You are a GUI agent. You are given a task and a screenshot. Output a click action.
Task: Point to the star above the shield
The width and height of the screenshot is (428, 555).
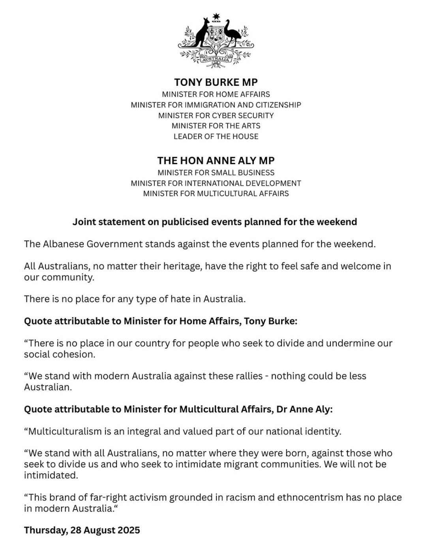coord(216,17)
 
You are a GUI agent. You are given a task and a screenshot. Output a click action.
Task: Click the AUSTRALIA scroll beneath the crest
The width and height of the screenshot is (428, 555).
coord(216,59)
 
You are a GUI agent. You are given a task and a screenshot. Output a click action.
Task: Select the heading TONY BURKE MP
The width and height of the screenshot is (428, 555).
coord(216,82)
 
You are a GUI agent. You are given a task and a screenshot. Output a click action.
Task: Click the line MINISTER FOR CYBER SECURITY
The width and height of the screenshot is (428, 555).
coord(216,115)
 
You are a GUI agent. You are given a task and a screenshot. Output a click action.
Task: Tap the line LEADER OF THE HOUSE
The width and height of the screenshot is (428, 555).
coord(216,136)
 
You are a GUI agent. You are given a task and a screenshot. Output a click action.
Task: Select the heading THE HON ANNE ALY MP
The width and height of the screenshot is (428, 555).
coord(216,160)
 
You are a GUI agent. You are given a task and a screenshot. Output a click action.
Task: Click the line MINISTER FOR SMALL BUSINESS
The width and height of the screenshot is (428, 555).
coord(216,173)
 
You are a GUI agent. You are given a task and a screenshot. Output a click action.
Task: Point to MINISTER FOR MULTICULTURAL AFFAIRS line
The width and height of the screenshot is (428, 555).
coord(216,194)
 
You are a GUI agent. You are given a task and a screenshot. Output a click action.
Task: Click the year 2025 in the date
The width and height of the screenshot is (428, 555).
coord(128,530)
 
